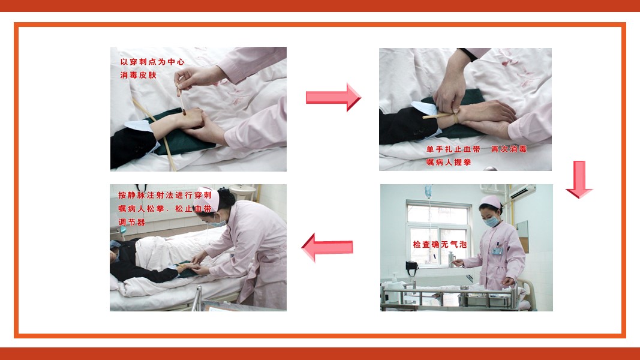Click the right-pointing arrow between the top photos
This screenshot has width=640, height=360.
[x=333, y=97]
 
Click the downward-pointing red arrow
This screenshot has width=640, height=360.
[x=579, y=179]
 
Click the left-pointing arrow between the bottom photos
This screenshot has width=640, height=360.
[x=327, y=247]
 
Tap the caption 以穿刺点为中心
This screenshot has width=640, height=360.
[x=152, y=62]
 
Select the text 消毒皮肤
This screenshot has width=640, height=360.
[x=139, y=75]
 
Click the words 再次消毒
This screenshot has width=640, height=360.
[x=509, y=149]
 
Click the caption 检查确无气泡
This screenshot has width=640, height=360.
[x=440, y=244]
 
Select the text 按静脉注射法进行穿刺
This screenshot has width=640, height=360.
[x=165, y=195]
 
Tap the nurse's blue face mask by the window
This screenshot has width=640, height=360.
[x=492, y=221]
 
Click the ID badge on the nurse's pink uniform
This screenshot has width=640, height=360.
[x=497, y=250]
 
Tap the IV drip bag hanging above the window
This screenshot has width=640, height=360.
[x=428, y=191]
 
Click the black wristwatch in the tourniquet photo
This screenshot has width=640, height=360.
[x=468, y=54]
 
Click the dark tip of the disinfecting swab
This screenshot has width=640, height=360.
[x=184, y=112]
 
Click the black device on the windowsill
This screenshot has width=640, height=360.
[x=411, y=267]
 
